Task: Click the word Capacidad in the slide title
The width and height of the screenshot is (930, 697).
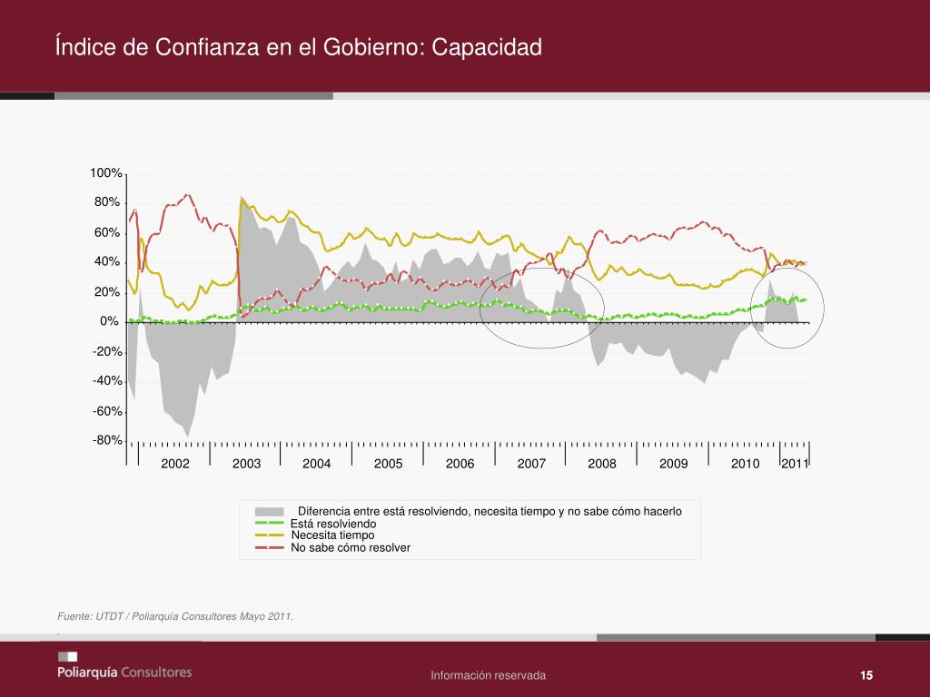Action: (x=487, y=46)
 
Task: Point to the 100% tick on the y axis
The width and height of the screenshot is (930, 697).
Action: (x=106, y=173)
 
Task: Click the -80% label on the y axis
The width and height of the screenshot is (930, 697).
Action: (x=107, y=441)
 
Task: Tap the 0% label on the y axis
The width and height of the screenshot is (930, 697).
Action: (x=110, y=322)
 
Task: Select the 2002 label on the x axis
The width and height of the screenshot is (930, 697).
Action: (x=175, y=464)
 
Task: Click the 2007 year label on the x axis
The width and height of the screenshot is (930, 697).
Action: (x=531, y=464)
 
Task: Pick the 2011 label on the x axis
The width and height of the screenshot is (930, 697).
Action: (x=795, y=464)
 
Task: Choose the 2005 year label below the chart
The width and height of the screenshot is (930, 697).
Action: (x=388, y=464)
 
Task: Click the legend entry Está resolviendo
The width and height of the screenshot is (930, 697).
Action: (x=333, y=524)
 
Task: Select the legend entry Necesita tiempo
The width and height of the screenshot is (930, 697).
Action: (x=332, y=535)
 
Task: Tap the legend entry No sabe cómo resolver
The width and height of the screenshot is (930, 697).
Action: (x=351, y=547)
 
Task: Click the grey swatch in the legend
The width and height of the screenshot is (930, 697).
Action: (x=269, y=511)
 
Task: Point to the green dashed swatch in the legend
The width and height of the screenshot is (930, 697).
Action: (x=269, y=524)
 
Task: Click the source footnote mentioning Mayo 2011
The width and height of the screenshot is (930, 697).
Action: (x=175, y=617)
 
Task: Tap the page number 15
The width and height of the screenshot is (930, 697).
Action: (x=866, y=675)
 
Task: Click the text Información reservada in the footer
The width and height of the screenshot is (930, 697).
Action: (x=489, y=675)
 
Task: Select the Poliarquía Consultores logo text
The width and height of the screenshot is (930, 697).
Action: (x=124, y=672)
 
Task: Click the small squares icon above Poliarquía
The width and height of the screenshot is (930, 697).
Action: (x=67, y=656)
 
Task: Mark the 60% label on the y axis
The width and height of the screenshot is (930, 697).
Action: (x=107, y=233)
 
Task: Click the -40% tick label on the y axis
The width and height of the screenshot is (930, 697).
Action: (x=107, y=381)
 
